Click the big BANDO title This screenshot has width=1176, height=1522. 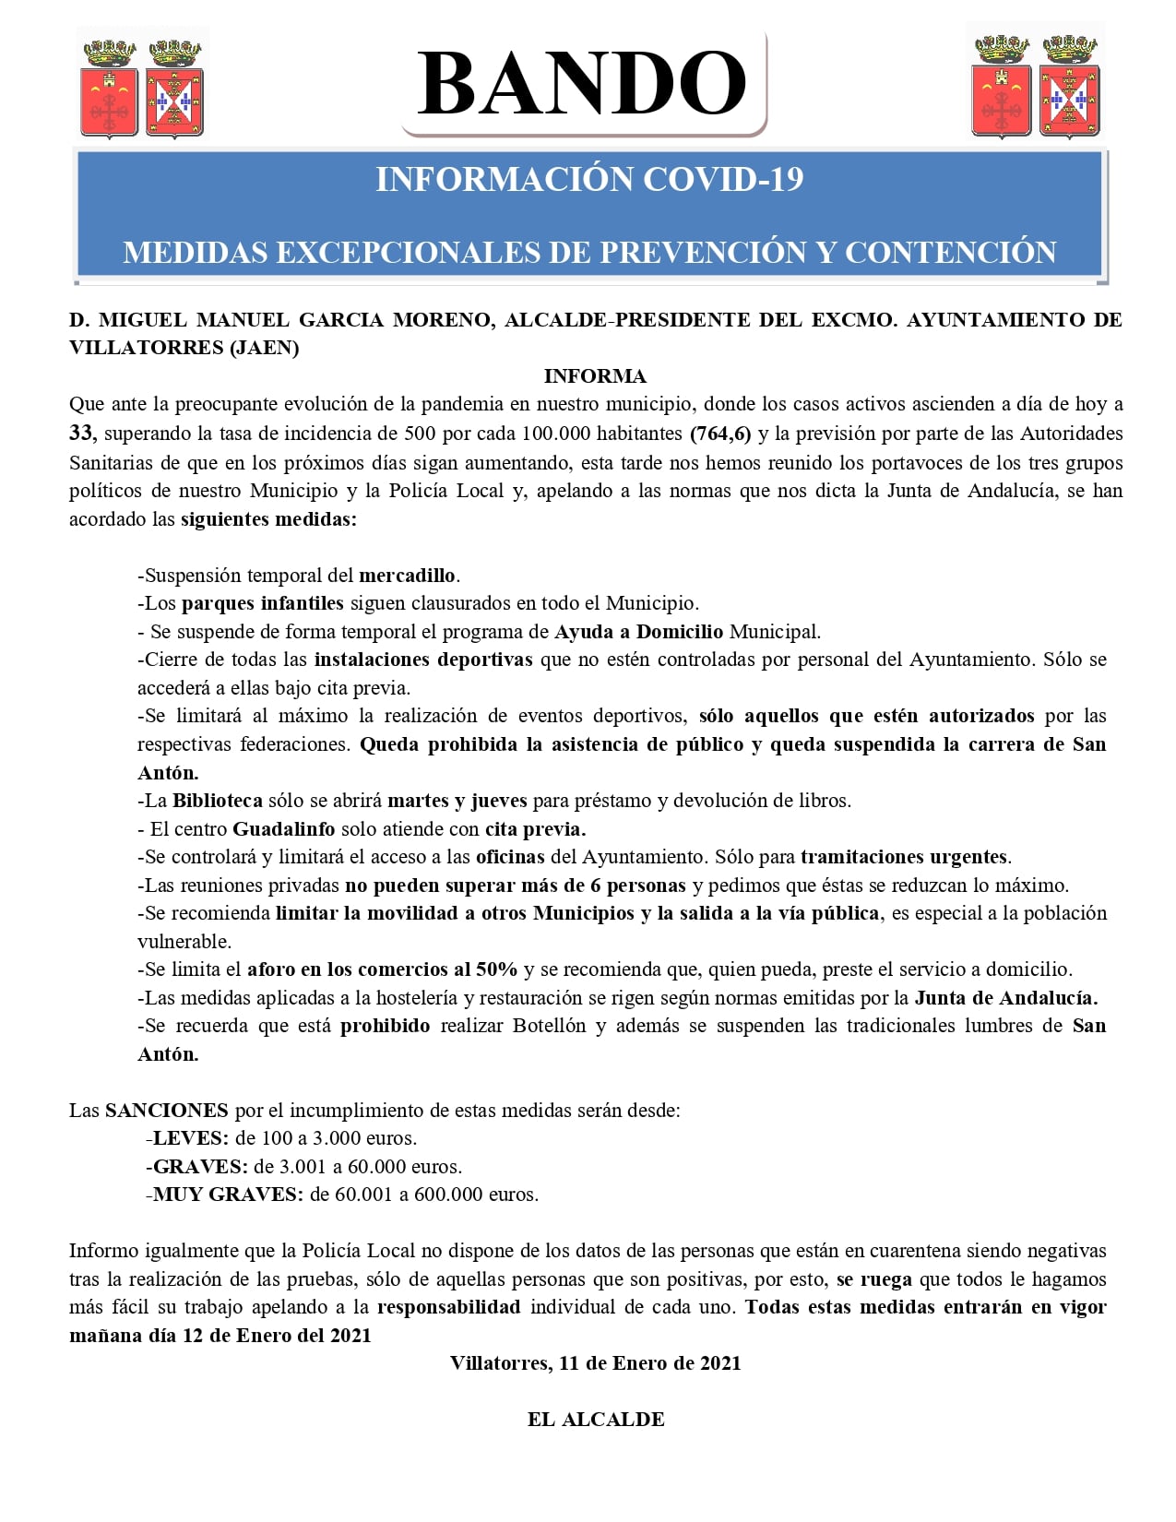(582, 84)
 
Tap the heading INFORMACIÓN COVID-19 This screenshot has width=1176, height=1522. (589, 179)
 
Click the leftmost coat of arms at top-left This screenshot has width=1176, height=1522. (110, 88)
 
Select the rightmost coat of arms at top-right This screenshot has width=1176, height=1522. (1069, 88)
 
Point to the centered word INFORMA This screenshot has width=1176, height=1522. (595, 376)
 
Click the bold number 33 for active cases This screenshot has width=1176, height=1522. (80, 434)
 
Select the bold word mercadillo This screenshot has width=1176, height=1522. (407, 576)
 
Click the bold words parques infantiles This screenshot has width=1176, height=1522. (263, 603)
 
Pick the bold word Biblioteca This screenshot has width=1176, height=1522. (218, 801)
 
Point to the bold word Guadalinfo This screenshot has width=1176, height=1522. (283, 829)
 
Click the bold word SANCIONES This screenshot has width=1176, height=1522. (167, 1111)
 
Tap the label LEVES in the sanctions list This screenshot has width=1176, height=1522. (190, 1138)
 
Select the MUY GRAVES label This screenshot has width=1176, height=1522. (228, 1195)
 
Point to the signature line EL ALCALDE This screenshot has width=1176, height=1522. (596, 1420)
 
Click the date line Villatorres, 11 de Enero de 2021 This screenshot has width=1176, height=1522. (596, 1363)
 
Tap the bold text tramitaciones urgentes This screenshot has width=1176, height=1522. (905, 857)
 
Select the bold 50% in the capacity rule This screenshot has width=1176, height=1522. (496, 969)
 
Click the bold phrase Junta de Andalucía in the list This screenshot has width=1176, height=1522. (1005, 998)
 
